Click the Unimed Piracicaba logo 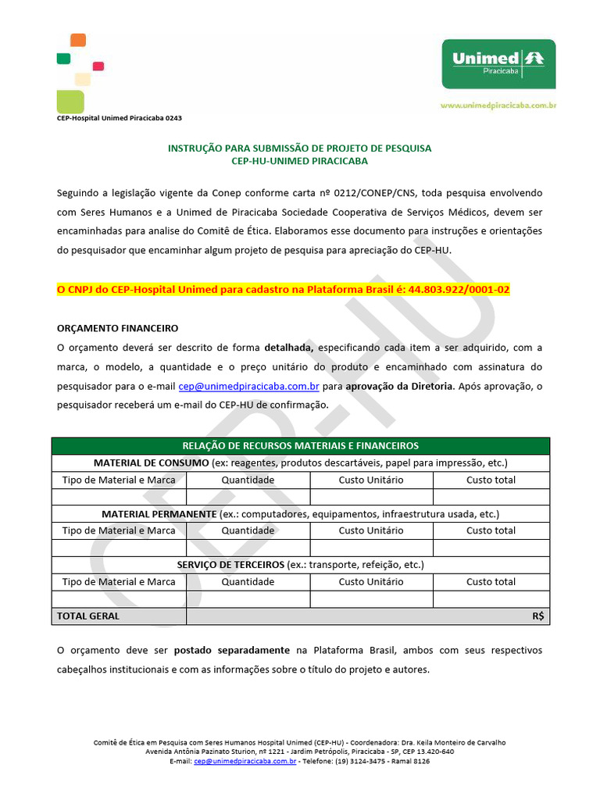(498, 64)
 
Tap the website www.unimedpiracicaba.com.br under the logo (498, 105)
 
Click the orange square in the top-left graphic (78, 40)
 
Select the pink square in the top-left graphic (98, 66)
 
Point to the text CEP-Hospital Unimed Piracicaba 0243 (120, 118)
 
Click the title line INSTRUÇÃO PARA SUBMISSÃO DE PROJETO (299, 148)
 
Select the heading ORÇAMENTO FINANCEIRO (118, 328)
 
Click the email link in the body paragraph (248, 386)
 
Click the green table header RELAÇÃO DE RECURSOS (301, 446)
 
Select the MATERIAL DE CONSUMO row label (151, 462)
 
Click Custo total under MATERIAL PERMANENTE (491, 530)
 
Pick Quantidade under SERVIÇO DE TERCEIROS (248, 581)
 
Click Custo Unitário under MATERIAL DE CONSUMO (371, 480)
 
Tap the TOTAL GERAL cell (88, 616)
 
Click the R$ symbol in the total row (537, 616)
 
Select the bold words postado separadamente (231, 650)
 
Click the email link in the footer (245, 760)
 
